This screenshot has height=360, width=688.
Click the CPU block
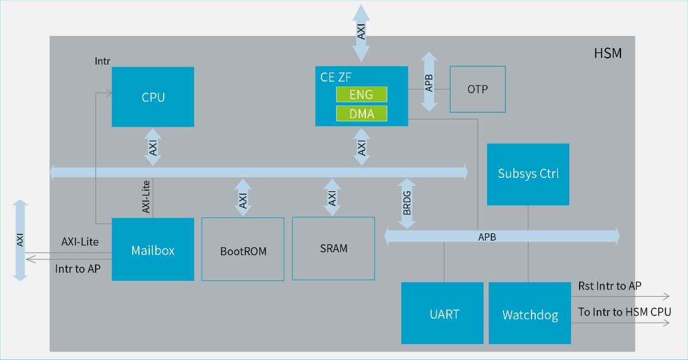click(x=153, y=97)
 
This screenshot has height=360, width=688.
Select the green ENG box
click(x=362, y=94)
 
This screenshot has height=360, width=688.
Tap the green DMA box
click(x=362, y=113)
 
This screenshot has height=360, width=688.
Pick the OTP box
click(x=477, y=89)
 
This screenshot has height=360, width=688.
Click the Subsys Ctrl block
click(x=528, y=174)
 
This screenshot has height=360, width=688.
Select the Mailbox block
click(x=153, y=250)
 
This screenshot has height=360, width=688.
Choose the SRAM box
click(x=333, y=248)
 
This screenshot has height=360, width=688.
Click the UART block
click(x=442, y=314)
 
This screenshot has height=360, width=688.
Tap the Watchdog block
click(x=530, y=314)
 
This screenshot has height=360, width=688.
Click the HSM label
click(x=608, y=54)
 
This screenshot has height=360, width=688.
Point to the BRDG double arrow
click(x=407, y=203)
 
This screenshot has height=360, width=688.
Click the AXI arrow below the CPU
click(x=153, y=147)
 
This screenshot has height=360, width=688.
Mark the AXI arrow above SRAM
click(x=332, y=197)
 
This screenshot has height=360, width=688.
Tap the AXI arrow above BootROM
click(x=243, y=197)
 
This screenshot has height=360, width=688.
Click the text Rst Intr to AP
click(x=609, y=286)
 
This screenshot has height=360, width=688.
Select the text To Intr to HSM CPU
click(x=624, y=312)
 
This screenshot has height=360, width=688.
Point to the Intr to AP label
click(x=78, y=269)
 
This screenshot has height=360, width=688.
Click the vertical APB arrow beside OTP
click(x=429, y=82)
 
